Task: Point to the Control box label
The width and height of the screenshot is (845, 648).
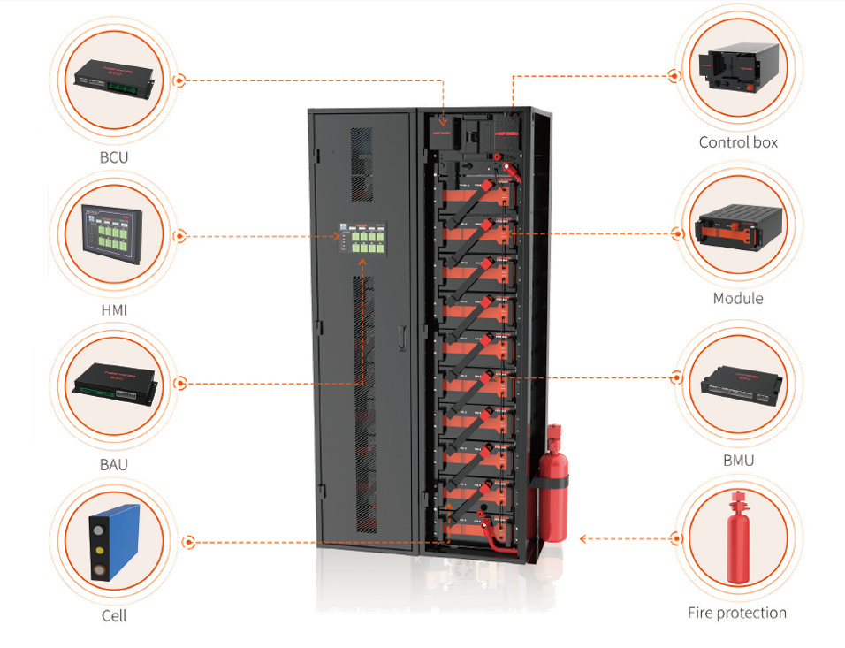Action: click(738, 141)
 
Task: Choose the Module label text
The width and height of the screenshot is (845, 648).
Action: click(738, 299)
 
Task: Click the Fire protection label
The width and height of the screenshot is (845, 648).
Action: click(738, 612)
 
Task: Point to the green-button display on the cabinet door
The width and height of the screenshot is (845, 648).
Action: click(363, 238)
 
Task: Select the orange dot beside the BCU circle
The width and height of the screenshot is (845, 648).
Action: click(180, 80)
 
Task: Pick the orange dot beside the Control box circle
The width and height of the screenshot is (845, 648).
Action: click(674, 77)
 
